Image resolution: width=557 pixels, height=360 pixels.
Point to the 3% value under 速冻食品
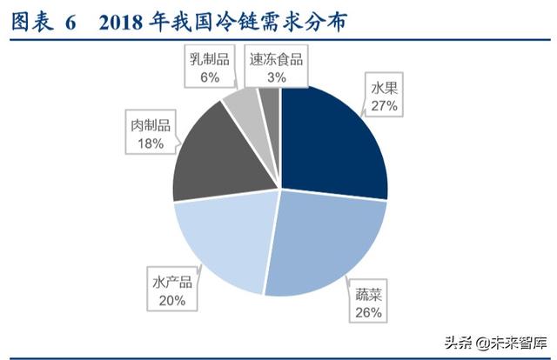pos(277,77)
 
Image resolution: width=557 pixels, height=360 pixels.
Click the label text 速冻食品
pos(276,59)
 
